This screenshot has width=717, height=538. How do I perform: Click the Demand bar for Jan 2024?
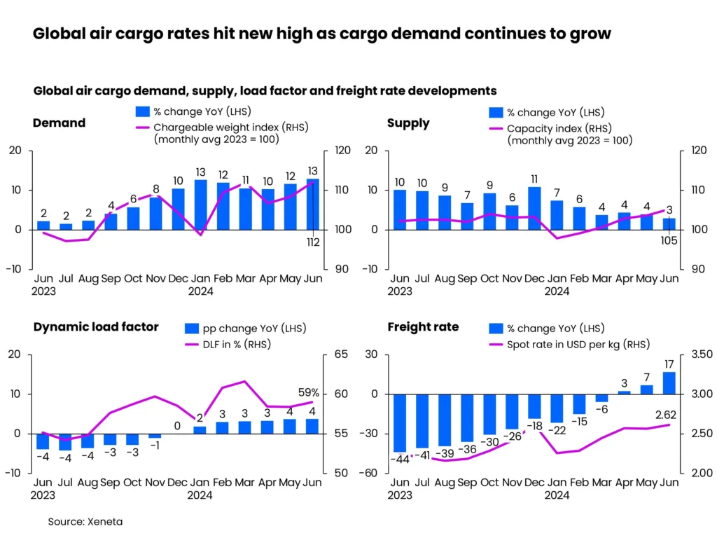[201, 205]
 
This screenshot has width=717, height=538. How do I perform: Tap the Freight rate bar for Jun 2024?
[669, 382]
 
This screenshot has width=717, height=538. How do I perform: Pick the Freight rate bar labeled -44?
[399, 422]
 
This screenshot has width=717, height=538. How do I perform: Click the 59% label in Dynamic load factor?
[309, 393]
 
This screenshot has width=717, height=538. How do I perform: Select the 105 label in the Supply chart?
[668, 242]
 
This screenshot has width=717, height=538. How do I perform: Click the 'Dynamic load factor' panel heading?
[96, 326]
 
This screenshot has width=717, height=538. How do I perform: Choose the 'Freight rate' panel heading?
[423, 326]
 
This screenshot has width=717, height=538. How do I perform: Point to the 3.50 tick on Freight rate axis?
[702, 354]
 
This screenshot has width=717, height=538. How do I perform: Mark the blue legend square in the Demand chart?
[142, 111]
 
